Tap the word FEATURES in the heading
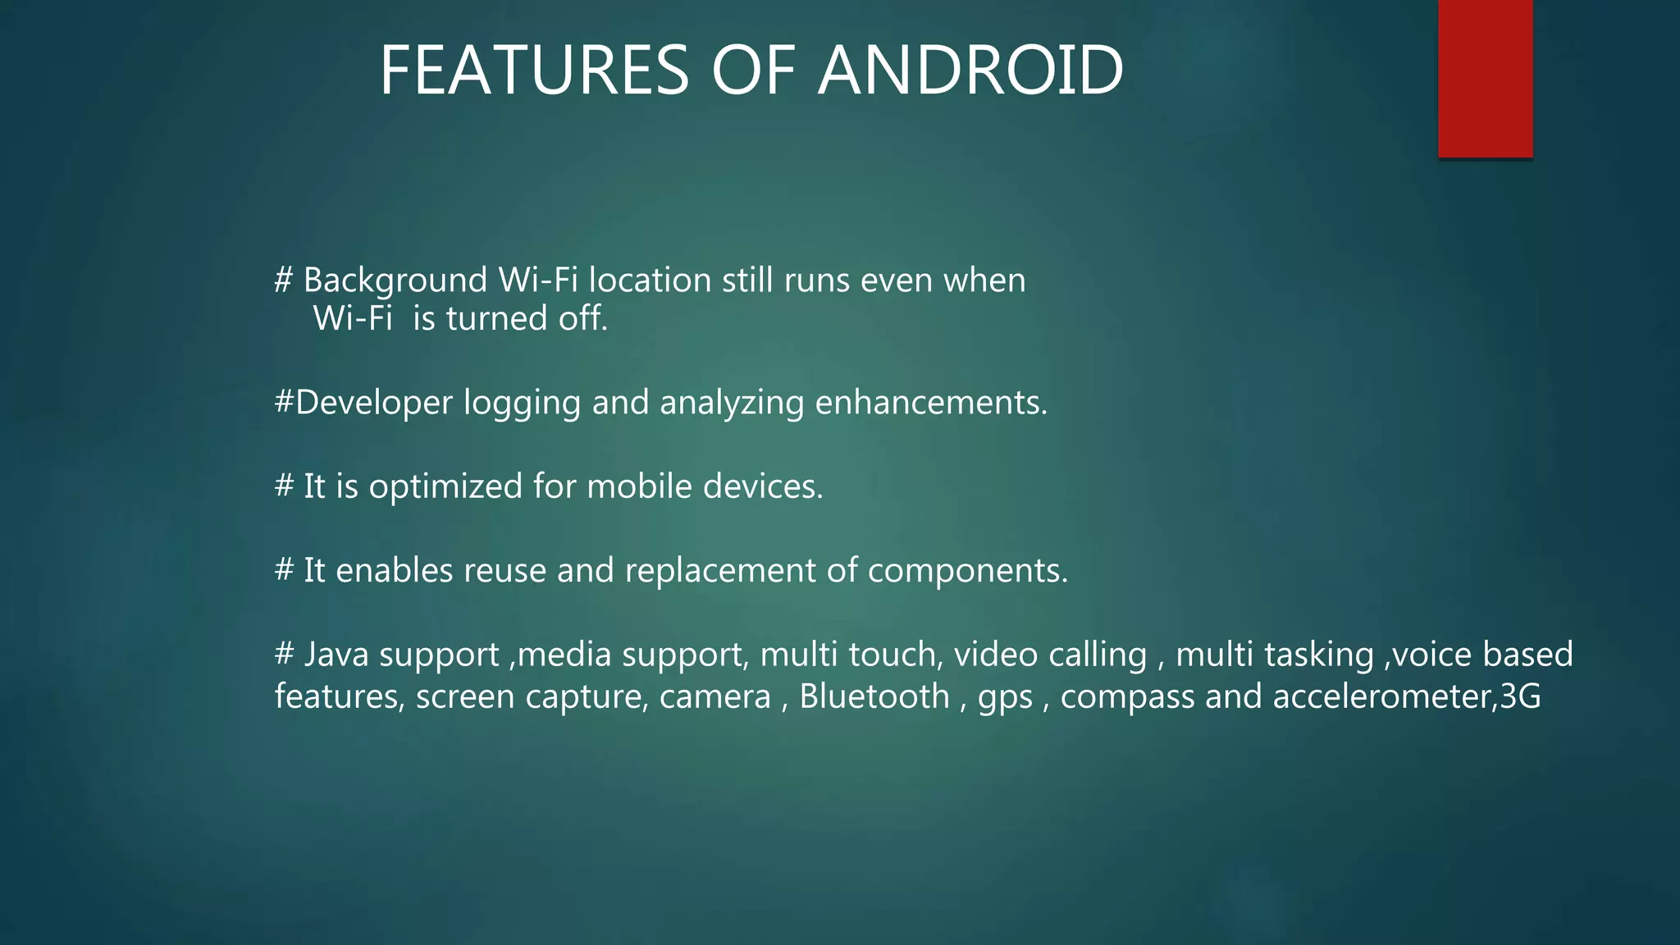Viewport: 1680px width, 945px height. click(534, 71)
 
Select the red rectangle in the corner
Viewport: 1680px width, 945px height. click(1485, 78)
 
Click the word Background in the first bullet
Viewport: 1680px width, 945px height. click(395, 281)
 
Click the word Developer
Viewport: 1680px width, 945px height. click(373, 403)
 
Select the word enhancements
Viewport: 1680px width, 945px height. click(930, 403)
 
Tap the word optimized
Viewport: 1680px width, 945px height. click(445, 487)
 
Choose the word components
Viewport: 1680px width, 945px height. click(967, 571)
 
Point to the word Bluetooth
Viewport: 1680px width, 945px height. click(874, 696)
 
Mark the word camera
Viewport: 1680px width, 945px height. click(715, 697)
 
